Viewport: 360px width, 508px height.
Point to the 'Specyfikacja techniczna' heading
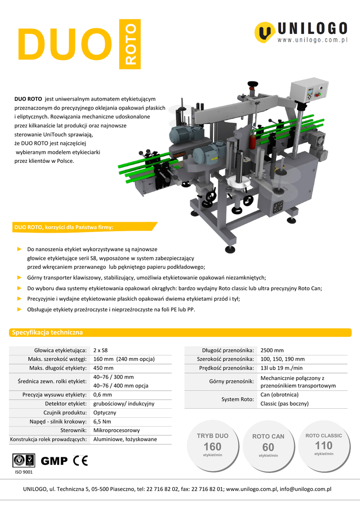(x=47, y=332)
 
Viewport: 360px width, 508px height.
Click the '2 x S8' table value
(x=100, y=350)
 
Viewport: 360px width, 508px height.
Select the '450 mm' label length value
(x=103, y=368)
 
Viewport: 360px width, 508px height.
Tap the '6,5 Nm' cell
(x=102, y=422)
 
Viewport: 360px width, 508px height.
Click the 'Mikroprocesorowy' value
(x=116, y=431)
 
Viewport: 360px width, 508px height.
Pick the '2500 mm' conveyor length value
(x=272, y=350)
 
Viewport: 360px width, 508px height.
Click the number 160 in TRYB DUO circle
(x=213, y=446)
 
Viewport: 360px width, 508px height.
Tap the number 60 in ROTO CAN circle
(x=268, y=447)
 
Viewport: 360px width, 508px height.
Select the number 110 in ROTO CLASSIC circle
(x=324, y=445)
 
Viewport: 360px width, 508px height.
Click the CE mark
(x=80, y=461)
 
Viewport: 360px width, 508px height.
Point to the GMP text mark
(x=54, y=461)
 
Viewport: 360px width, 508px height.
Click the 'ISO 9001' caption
(x=23, y=472)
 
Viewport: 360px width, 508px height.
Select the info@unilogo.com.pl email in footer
(x=305, y=489)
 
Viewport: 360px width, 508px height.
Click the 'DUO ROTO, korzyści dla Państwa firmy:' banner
(x=64, y=228)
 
